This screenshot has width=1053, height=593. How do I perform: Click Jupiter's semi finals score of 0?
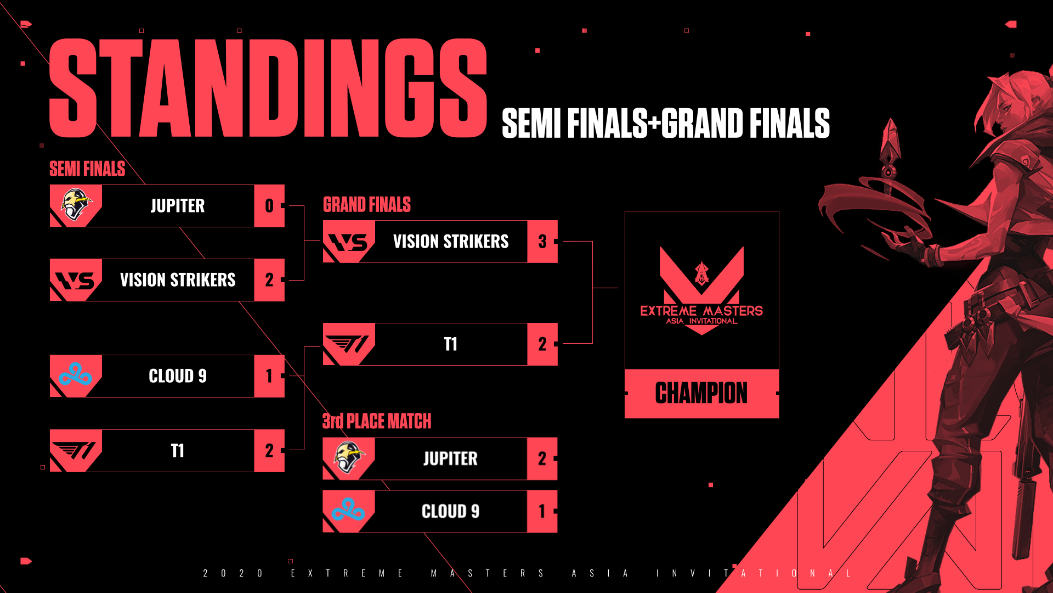pos(269,206)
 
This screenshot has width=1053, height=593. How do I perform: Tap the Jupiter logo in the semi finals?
pos(76,205)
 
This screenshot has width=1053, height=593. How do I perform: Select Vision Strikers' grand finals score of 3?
pos(542,242)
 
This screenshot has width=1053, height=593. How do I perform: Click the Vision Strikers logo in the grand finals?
pos(349,242)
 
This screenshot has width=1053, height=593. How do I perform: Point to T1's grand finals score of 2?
pos(542,344)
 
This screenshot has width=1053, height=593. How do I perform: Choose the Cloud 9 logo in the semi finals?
pos(76,376)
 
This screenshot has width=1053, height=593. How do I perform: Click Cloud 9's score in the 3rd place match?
pos(542,511)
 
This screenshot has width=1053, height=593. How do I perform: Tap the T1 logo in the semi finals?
pos(76,451)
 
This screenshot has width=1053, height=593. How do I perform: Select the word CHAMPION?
pos(701,393)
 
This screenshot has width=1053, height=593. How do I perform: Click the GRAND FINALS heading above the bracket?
pos(366,205)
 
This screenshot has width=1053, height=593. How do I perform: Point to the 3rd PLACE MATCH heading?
pos(376,421)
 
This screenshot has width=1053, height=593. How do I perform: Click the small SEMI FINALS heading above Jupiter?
pos(87,169)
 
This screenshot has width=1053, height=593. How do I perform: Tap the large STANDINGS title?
pos(268,88)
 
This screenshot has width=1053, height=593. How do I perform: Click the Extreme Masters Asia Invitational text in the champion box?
pos(701,315)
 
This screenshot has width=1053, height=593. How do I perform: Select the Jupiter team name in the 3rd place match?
pos(450,458)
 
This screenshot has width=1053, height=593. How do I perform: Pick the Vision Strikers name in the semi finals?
pos(178,280)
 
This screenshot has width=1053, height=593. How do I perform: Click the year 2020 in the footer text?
pos(233,573)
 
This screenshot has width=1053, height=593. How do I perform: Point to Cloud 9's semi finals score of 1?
pos(269,376)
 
